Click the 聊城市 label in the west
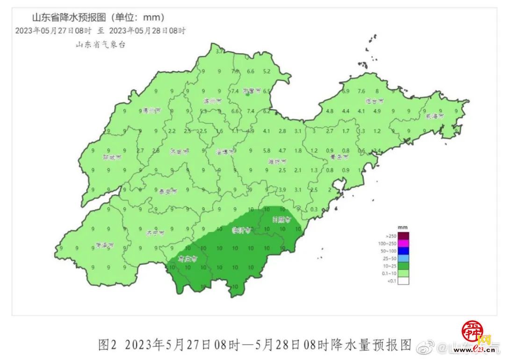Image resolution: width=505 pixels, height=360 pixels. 111,158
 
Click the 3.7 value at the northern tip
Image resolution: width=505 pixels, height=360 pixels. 219,51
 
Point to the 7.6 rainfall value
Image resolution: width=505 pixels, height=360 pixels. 361,91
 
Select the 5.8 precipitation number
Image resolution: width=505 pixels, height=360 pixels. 267,151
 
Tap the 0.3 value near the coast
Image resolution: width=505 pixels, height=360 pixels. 314,209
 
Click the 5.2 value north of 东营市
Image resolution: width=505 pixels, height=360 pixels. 267,72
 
